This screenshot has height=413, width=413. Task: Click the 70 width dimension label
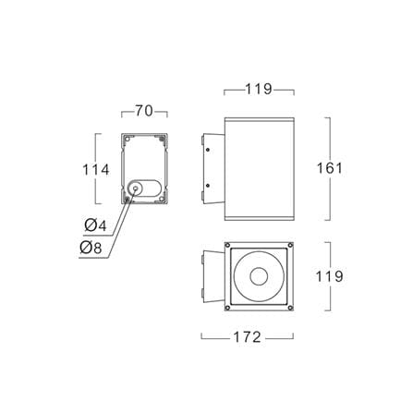[144, 111]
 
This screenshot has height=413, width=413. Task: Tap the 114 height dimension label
[96, 170]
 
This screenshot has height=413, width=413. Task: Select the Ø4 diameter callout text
[95, 225]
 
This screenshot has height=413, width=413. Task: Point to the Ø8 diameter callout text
[91, 248]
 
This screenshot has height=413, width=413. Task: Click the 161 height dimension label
[330, 168]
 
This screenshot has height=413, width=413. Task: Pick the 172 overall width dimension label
[248, 337]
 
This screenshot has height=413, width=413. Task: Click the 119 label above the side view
[259, 90]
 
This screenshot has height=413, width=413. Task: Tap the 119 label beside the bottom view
[330, 276]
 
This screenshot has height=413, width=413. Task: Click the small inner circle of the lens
[259, 276]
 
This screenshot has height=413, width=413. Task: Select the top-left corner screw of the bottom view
[227, 245]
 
